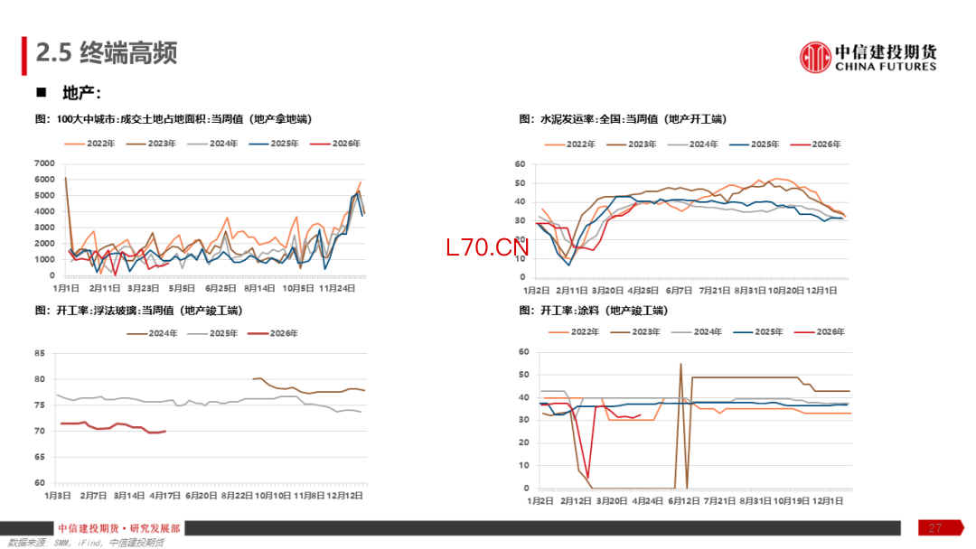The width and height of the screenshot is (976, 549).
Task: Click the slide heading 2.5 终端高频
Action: click(106, 53)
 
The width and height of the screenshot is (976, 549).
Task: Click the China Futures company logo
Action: click(868, 57)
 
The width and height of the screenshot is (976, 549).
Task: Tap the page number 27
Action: click(934, 527)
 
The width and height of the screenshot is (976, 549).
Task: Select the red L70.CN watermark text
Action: click(486, 247)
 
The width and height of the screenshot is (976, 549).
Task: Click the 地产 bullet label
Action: click(80, 93)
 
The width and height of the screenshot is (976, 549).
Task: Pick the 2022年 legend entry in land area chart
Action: click(98, 144)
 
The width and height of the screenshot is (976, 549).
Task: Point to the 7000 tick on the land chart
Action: click(44, 163)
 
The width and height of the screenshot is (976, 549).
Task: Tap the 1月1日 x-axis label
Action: click(67, 288)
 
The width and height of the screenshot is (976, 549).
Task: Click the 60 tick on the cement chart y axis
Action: click(521, 164)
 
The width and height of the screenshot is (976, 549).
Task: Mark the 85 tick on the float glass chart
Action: click(40, 353)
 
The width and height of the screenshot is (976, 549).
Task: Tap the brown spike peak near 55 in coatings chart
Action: click(680, 364)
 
